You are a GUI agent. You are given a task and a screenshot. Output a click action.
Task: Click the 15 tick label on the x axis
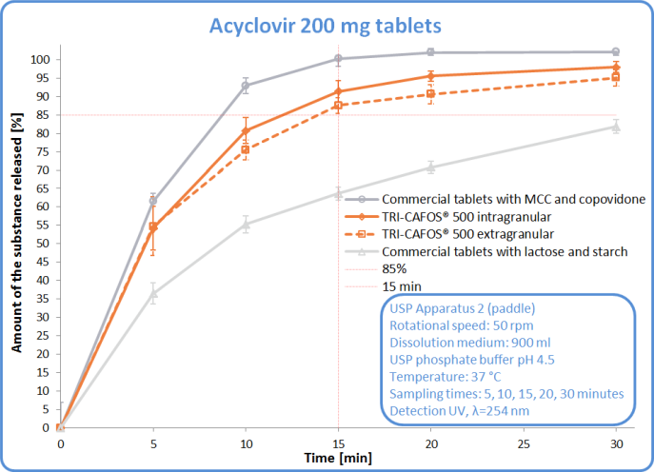pyautogui.click(x=339, y=442)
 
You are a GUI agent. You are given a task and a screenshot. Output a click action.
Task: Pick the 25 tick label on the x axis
pyautogui.click(x=524, y=442)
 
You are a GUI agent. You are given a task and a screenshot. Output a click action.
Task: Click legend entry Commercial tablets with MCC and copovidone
pyautogui.click(x=514, y=200)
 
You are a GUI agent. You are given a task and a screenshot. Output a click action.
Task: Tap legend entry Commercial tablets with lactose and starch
pyautogui.click(x=505, y=251)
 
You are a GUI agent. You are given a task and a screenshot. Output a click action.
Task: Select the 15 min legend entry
pyautogui.click(x=401, y=285)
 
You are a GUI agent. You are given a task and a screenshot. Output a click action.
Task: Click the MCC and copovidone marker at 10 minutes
pyautogui.click(x=246, y=86)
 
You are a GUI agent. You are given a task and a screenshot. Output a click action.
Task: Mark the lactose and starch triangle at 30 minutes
pyautogui.click(x=616, y=126)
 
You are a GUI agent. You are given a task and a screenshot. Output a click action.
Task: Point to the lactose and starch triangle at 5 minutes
pyautogui.click(x=153, y=293)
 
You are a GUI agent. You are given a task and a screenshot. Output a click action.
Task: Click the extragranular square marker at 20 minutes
pyautogui.click(x=430, y=93)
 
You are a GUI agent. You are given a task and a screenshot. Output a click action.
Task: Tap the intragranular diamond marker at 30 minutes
pyautogui.click(x=616, y=67)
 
